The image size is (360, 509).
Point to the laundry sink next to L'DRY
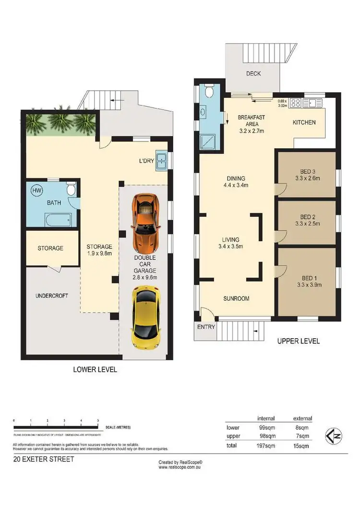pyautogui.click(x=161, y=161)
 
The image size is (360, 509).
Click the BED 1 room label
pyautogui.click(x=306, y=278)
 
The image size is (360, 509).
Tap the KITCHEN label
pyautogui.click(x=304, y=122)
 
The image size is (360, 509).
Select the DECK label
pyautogui.click(x=253, y=74)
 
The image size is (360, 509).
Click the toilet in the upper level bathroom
pyautogui.click(x=209, y=92)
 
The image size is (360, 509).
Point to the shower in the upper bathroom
pyautogui.click(x=209, y=141)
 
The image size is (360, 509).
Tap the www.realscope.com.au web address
pyautogui.click(x=180, y=467)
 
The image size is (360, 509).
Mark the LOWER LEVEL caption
pyautogui.click(x=95, y=369)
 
